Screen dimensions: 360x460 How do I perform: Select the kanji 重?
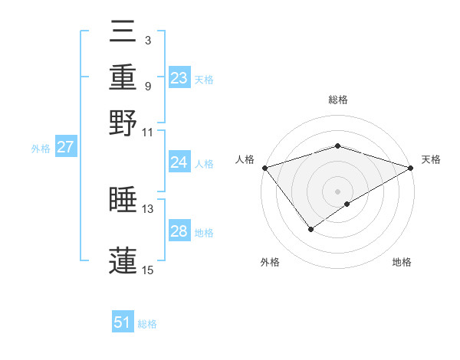pyautogui.click(x=123, y=77)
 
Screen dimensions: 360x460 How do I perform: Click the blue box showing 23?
pyautogui.click(x=179, y=78)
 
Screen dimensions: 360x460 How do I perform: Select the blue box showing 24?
pyautogui.click(x=179, y=162)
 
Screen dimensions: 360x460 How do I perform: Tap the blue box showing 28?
pyautogui.click(x=179, y=231)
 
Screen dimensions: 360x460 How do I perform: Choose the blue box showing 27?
pyautogui.click(x=65, y=147)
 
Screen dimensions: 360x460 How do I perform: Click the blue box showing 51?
pyautogui.click(x=123, y=322)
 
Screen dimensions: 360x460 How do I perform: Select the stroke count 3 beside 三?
pyautogui.click(x=147, y=39)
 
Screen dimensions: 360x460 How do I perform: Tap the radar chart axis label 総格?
pyautogui.click(x=337, y=100)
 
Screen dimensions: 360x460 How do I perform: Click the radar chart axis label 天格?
pyautogui.click(x=431, y=159)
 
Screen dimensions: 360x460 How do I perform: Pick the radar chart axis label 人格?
pyautogui.click(x=245, y=159)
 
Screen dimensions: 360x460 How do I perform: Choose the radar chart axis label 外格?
pyautogui.click(x=270, y=262)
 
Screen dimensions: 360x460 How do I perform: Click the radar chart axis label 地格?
pyautogui.click(x=402, y=262)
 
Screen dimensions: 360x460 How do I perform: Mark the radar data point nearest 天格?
pyautogui.click(x=412, y=168)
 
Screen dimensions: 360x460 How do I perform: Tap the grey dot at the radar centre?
pyautogui.click(x=337, y=191)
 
